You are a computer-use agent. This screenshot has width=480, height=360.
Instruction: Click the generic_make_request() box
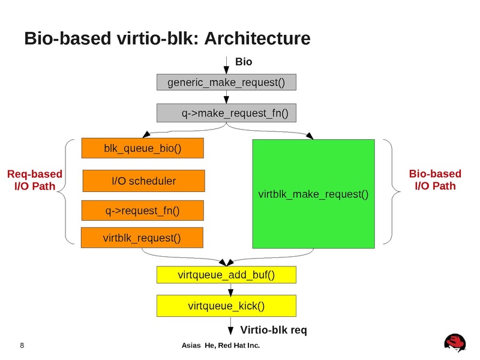tap(226, 82)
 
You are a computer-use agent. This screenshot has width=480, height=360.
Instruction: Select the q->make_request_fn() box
tap(226, 112)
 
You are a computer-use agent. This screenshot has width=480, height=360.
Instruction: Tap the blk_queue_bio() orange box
tap(142, 148)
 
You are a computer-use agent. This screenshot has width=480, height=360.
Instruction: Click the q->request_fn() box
tap(142, 210)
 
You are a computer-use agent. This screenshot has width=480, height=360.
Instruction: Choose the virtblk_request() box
tap(142, 238)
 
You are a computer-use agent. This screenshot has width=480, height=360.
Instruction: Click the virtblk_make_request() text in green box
tap(313, 194)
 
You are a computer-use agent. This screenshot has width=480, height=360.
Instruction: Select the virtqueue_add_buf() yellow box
tap(226, 275)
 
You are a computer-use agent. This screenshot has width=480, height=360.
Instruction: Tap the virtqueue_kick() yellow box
tap(226, 306)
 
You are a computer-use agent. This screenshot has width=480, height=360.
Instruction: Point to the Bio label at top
tap(243, 62)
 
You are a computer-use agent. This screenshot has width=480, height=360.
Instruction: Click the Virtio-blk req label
tap(273, 330)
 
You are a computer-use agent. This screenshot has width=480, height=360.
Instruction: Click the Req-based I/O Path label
tap(34, 180)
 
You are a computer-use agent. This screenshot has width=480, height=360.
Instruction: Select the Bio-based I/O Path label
tap(435, 180)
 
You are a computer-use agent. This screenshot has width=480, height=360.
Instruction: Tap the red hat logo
tap(455, 341)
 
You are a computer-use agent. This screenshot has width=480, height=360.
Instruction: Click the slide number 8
tap(22, 346)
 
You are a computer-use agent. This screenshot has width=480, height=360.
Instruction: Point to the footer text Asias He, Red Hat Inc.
tap(221, 346)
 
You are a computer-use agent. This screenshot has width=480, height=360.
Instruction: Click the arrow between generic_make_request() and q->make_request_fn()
tap(226, 97)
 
